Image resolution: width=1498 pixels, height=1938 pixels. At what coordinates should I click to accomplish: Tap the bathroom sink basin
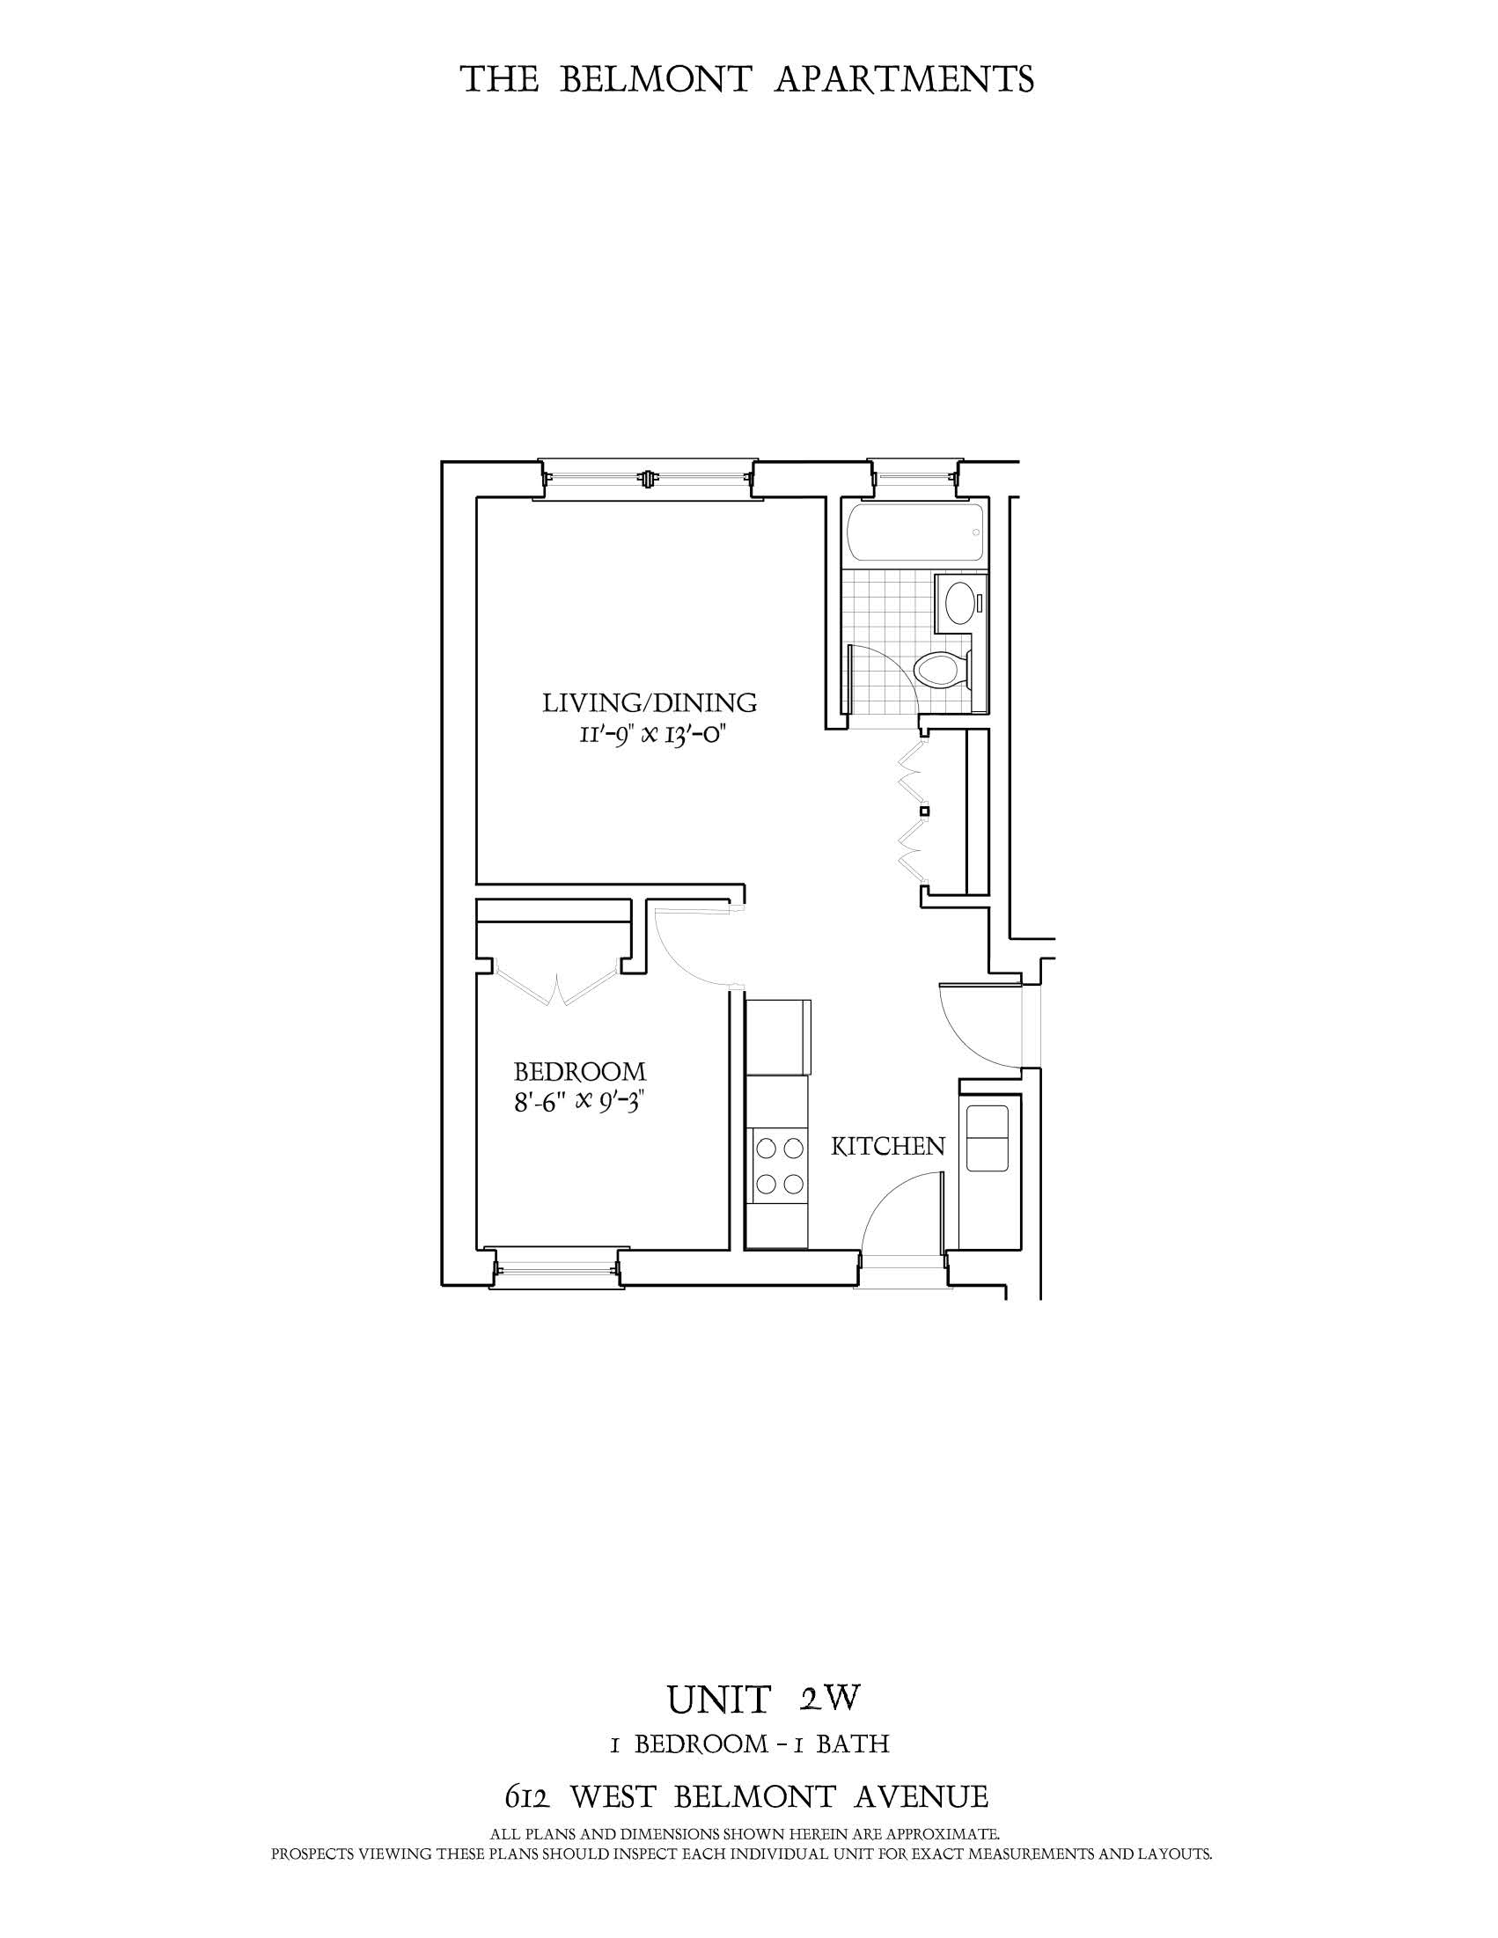point(958,603)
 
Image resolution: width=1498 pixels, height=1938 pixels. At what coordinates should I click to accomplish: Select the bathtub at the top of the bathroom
point(914,532)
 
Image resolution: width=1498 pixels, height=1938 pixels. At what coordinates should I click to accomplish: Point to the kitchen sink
point(987,1139)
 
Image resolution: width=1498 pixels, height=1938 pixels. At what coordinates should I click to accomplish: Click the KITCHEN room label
point(887,1147)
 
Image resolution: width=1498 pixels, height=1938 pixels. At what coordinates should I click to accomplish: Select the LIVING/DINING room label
point(650,704)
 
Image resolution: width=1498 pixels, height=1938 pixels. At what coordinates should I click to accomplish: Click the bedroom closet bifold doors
point(557,987)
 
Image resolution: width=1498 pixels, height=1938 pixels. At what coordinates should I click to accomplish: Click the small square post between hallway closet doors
point(924,811)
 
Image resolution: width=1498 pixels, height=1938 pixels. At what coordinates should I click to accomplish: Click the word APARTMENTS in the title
point(905,80)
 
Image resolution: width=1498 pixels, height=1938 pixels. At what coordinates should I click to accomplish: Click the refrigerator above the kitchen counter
point(779,1037)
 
